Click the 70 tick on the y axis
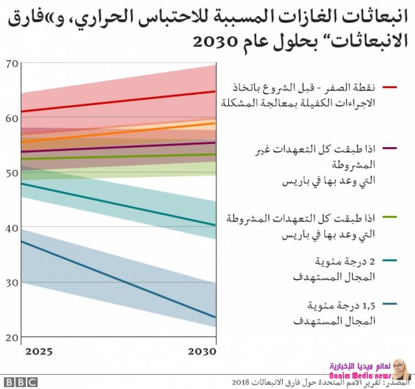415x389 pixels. coord(12,64)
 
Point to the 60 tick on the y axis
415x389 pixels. coord(12,119)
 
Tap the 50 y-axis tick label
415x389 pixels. coord(12,174)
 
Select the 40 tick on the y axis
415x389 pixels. coord(12,228)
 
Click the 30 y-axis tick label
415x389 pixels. coord(12,283)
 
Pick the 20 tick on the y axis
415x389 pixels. coord(12,337)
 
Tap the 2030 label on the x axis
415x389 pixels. coord(201,352)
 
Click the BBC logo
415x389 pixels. coord(20,382)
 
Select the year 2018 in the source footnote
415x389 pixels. coord(242,382)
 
